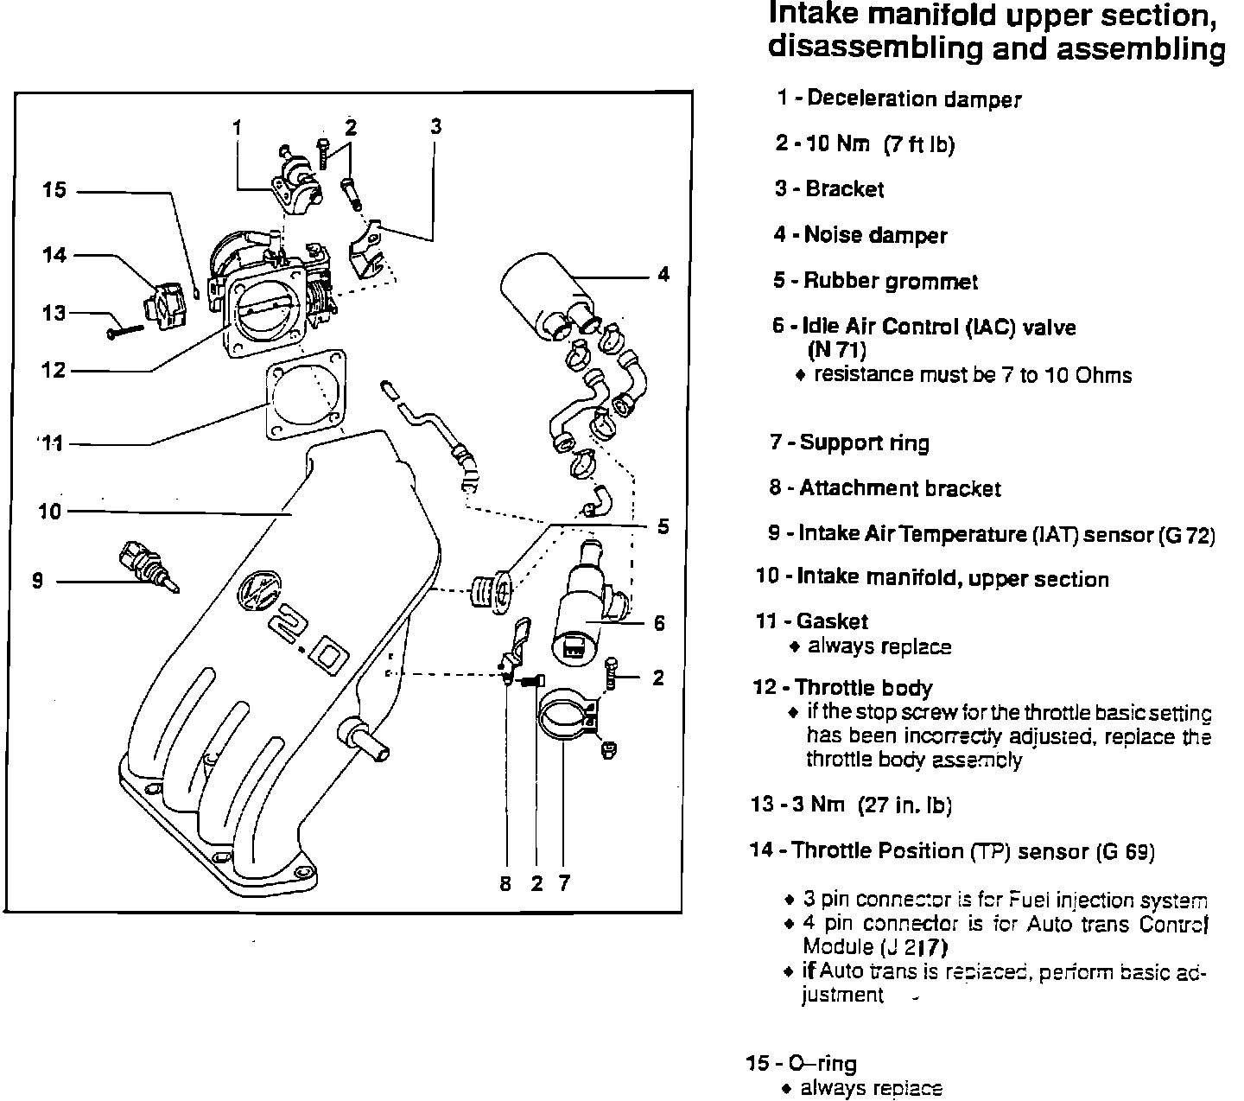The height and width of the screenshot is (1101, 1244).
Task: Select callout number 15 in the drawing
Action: click(54, 189)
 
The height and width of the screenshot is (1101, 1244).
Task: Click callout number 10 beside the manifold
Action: click(50, 512)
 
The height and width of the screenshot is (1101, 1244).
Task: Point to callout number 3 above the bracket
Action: click(435, 126)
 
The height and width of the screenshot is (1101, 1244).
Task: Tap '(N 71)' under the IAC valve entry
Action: click(836, 350)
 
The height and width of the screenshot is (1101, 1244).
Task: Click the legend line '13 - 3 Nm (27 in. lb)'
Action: click(851, 805)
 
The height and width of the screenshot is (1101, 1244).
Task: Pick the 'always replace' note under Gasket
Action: click(879, 646)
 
